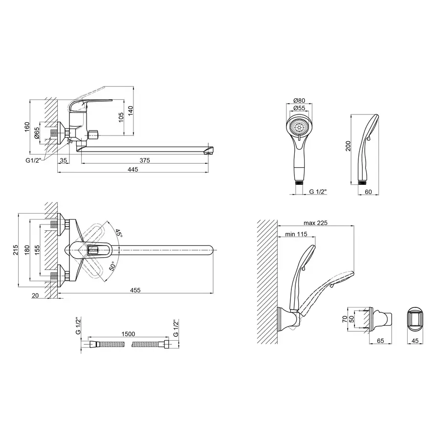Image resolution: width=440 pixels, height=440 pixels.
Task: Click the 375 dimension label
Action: click(x=145, y=160)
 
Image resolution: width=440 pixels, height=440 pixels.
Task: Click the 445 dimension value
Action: click(x=132, y=170)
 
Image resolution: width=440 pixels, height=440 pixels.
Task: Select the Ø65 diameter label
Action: click(x=37, y=133)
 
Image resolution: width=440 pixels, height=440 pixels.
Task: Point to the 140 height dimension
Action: click(x=131, y=111)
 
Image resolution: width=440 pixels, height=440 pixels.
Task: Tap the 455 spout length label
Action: click(x=135, y=290)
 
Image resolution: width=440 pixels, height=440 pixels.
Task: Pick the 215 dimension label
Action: click(x=16, y=250)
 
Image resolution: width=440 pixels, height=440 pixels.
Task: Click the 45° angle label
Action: click(x=118, y=233)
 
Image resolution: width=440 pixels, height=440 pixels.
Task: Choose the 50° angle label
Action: click(x=112, y=266)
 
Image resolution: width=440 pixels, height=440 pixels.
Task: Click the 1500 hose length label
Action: click(x=128, y=334)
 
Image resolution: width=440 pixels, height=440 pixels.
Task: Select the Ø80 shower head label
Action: click(x=299, y=100)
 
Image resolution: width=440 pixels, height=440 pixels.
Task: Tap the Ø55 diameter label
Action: click(x=299, y=108)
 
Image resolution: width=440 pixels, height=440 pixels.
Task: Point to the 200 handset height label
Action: click(x=348, y=146)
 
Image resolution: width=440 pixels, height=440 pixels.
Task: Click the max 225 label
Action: click(x=315, y=223)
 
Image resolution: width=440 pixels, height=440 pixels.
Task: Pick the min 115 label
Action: click(x=296, y=234)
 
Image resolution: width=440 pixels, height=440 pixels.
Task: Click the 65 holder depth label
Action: click(x=380, y=341)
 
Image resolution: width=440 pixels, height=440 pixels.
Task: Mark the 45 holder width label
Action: click(x=415, y=341)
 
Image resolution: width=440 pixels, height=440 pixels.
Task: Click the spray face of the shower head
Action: click(x=299, y=127)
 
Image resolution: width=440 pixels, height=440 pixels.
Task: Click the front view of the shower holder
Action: click(x=415, y=320)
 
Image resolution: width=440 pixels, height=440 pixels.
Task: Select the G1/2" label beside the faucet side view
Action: click(x=33, y=160)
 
